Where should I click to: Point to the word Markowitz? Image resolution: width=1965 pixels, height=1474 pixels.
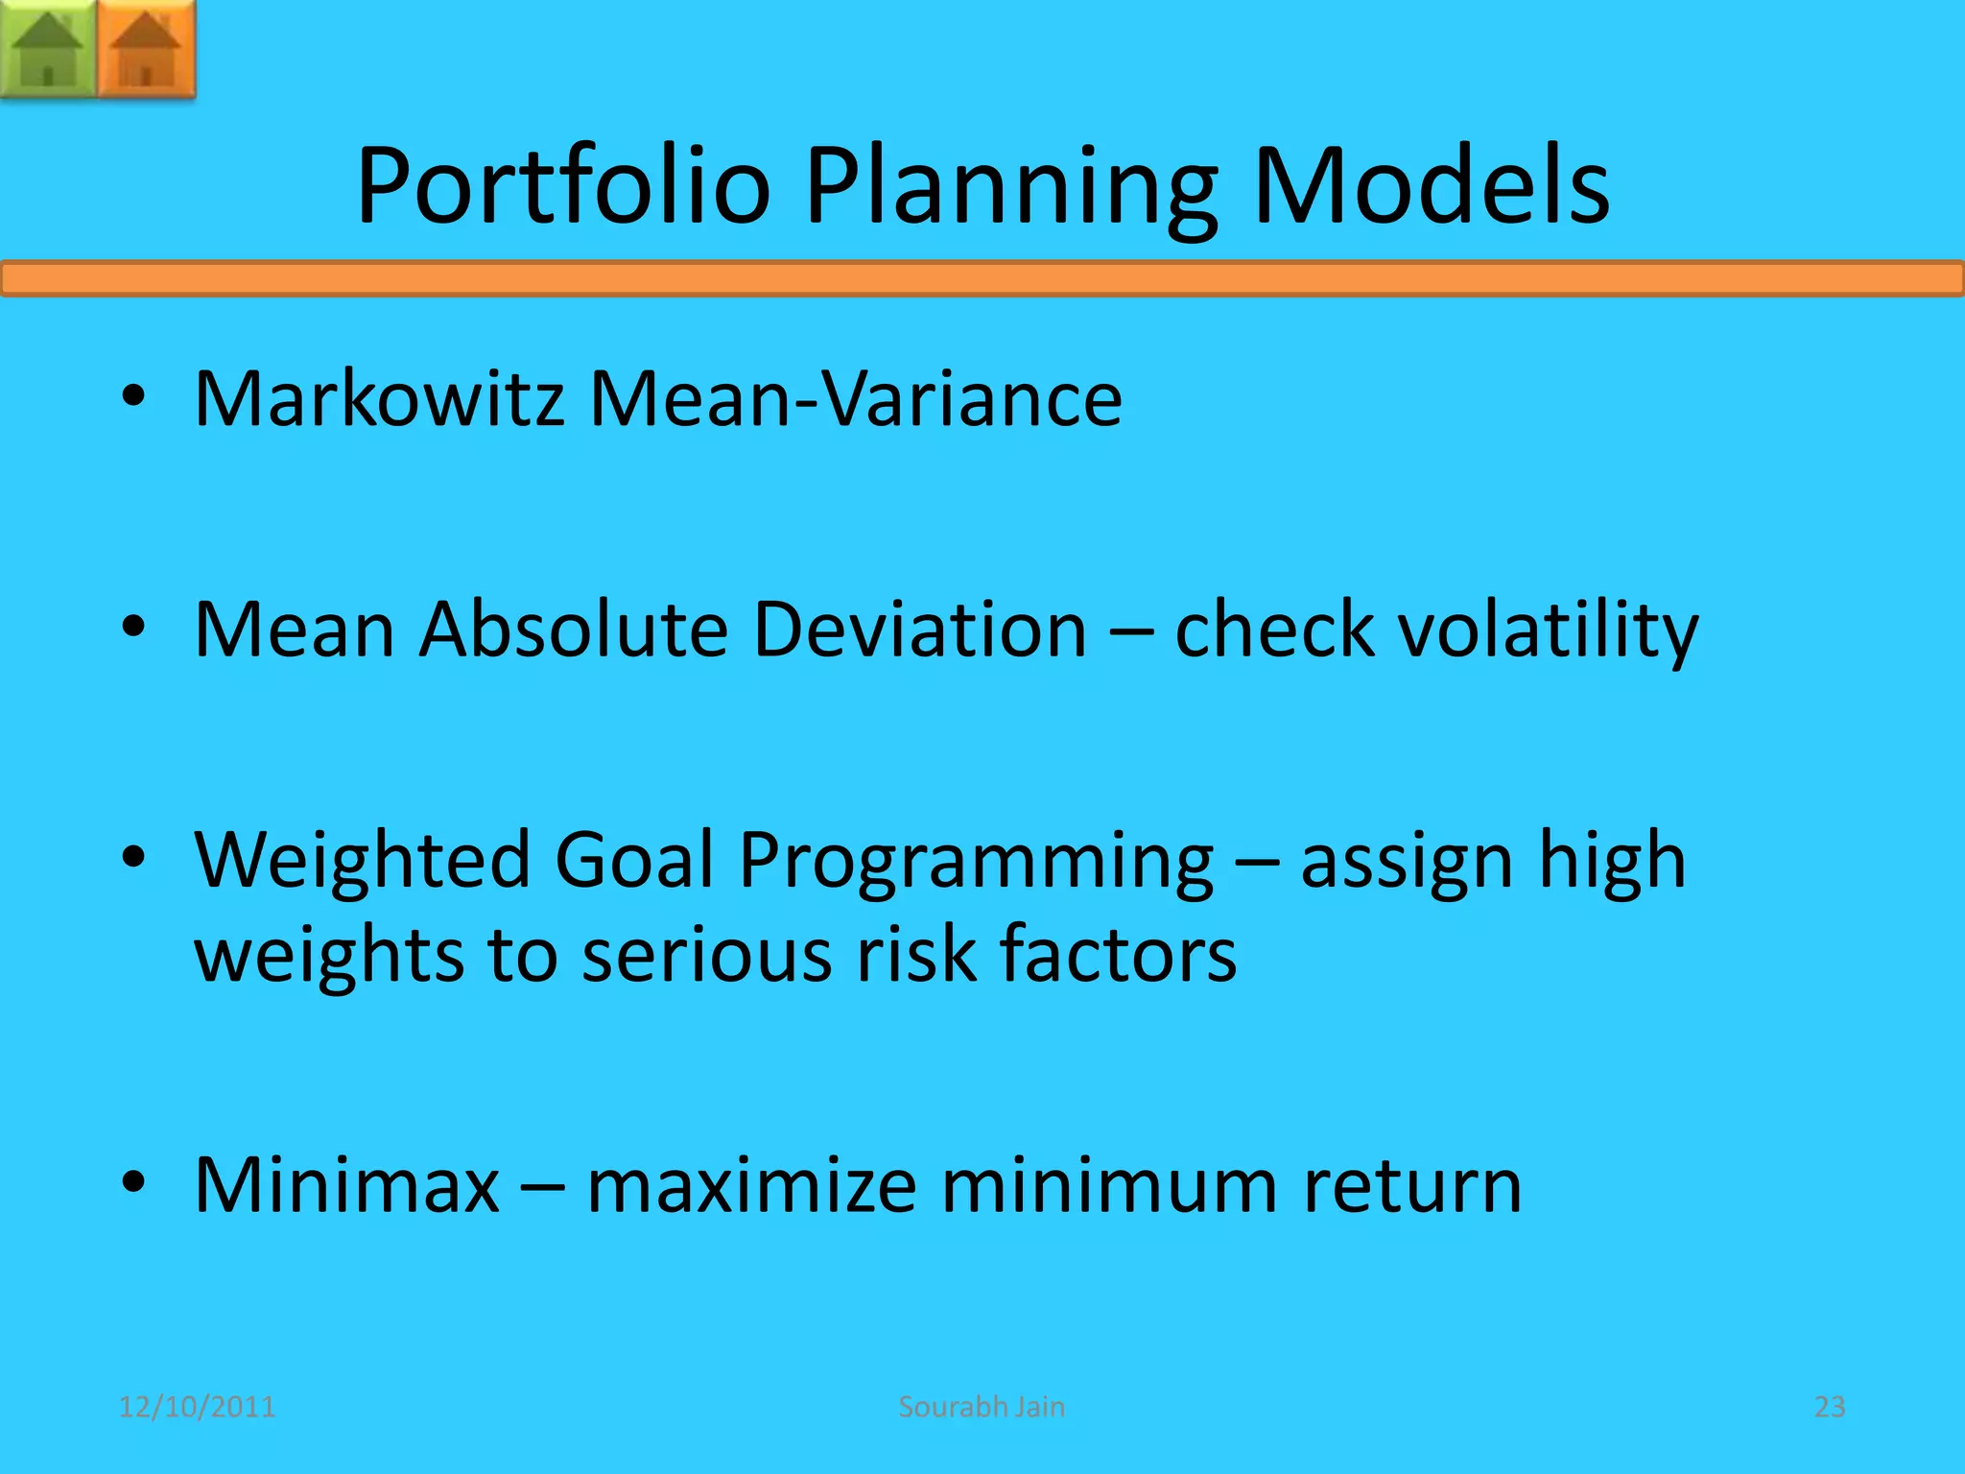pyautogui.click(x=379, y=398)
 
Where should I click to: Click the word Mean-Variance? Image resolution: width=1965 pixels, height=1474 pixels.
pyautogui.click(x=855, y=398)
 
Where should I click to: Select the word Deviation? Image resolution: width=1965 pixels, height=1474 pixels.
pyautogui.click(x=919, y=630)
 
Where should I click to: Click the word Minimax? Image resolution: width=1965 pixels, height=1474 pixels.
pyautogui.click(x=346, y=1186)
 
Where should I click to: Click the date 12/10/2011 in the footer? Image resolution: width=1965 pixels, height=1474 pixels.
pyautogui.click(x=197, y=1407)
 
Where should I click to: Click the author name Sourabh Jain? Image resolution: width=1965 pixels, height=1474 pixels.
pyautogui.click(x=982, y=1407)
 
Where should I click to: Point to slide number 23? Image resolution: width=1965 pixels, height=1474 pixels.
pyautogui.click(x=1829, y=1407)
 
